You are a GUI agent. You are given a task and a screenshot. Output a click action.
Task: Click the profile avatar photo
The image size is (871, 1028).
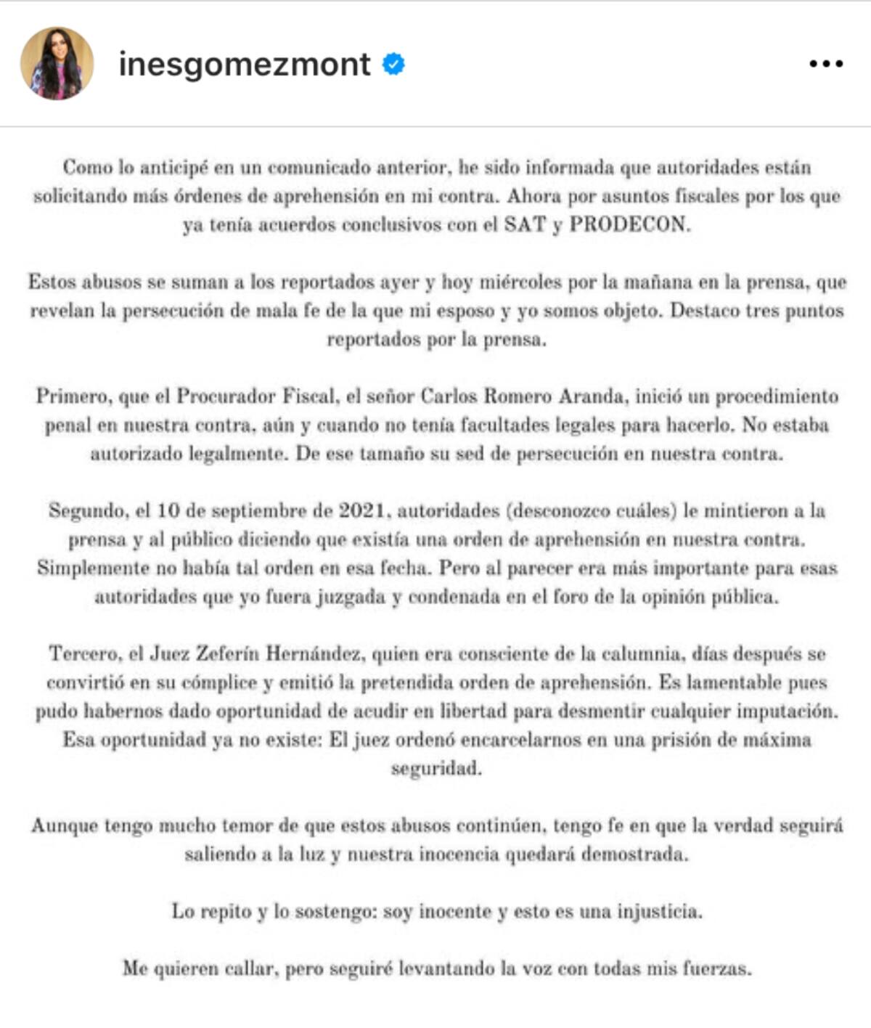coord(57,64)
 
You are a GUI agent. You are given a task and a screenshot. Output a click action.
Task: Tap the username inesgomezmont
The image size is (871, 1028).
coord(245,65)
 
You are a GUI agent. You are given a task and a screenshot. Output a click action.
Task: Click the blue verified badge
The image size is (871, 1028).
coord(393,65)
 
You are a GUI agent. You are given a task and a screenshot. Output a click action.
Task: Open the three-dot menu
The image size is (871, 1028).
coord(826,65)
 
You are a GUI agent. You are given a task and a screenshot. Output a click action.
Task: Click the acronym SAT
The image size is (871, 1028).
coord(525,224)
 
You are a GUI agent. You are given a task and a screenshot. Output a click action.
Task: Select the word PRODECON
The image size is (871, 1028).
coord(629,224)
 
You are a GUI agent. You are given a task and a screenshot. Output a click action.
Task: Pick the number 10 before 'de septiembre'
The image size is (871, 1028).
coord(168,510)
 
